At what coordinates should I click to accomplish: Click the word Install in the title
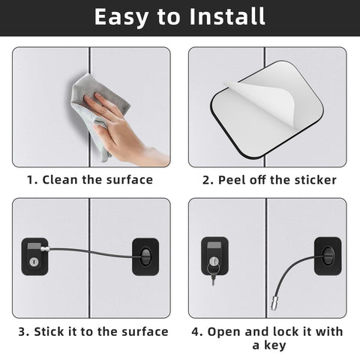pyautogui.click(x=227, y=16)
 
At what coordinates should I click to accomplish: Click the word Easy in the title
pyautogui.click(x=121, y=17)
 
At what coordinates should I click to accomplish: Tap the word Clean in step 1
pyautogui.click(x=59, y=180)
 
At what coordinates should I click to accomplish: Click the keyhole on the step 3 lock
pyautogui.click(x=34, y=262)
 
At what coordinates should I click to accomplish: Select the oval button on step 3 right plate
pyautogui.click(x=145, y=256)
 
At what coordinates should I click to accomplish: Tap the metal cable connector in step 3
pyautogui.click(x=44, y=249)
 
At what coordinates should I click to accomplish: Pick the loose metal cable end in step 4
pyautogui.click(x=274, y=303)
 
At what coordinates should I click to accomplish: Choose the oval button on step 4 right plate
pyautogui.click(x=328, y=256)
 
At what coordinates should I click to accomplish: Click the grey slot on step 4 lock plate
pyautogui.click(x=214, y=245)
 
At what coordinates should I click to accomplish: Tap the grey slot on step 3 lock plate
pyautogui.click(x=34, y=246)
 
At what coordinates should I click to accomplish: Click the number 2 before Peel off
pyautogui.click(x=206, y=180)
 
